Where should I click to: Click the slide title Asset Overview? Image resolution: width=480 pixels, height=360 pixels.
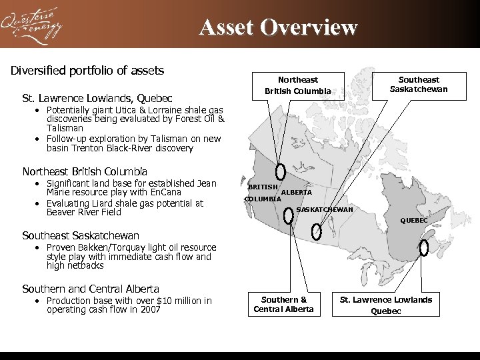pos(278,27)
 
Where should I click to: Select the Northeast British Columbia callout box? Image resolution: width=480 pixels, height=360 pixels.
pos(297,85)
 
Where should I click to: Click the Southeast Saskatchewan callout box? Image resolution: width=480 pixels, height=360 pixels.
pos(419,85)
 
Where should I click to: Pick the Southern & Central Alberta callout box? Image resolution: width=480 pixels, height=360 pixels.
pos(284,304)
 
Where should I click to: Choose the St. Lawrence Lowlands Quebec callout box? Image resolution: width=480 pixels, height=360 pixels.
pos(386,305)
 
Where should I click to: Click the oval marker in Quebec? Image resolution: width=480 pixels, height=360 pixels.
pos(424,248)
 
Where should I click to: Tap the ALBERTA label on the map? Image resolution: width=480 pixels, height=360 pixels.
pos(297,193)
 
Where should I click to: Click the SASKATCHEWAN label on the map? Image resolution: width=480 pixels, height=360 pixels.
pos(325,210)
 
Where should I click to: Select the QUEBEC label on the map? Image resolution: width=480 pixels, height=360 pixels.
pos(413,220)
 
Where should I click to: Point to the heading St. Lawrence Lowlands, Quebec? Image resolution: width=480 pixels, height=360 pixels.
pos(97,98)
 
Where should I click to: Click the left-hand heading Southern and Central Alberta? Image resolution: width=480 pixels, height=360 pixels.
pos(91,289)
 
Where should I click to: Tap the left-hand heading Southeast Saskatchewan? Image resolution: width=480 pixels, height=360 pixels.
pos(81,235)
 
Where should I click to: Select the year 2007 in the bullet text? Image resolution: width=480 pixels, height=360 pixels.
pos(149,310)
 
